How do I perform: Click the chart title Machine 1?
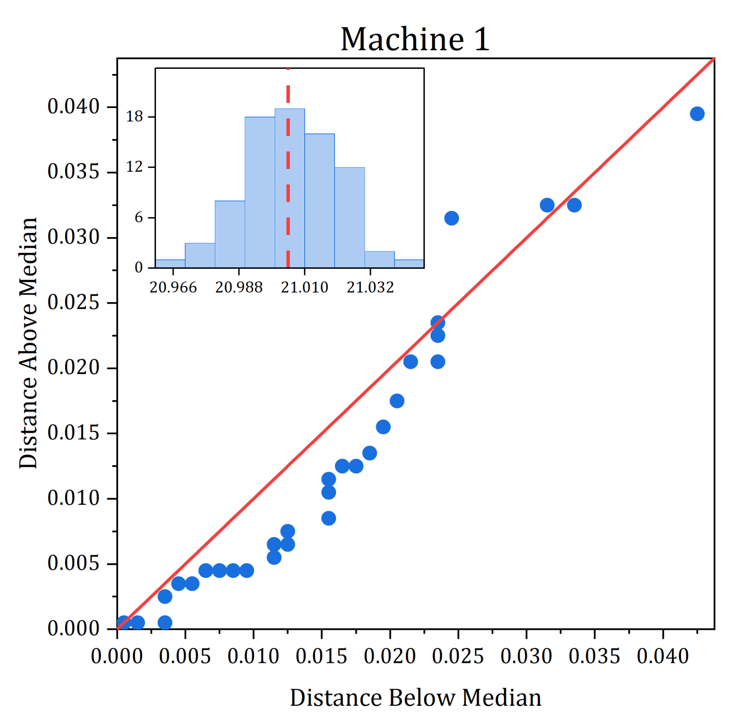pyautogui.click(x=415, y=39)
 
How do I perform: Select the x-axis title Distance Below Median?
pyautogui.click(x=415, y=698)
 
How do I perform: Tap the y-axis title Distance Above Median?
pyautogui.click(x=28, y=342)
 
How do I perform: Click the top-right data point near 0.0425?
pyautogui.click(x=697, y=114)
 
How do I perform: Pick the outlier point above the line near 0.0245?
pyautogui.click(x=451, y=218)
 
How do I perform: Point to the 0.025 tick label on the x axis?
pyautogui.click(x=458, y=656)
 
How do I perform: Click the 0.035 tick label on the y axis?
pyautogui.click(x=73, y=172)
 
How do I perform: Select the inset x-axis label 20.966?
pyautogui.click(x=173, y=287)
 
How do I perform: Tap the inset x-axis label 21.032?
pyautogui.click(x=370, y=287)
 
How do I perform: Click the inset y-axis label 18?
pyautogui.click(x=134, y=117)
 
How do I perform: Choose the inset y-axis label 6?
pyautogui.click(x=139, y=218)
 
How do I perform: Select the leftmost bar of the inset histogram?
pyautogui.click(x=170, y=263)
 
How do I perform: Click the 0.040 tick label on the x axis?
pyautogui.click(x=663, y=656)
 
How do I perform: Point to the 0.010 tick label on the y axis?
pyautogui.click(x=73, y=498)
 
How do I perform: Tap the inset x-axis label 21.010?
pyautogui.click(x=304, y=287)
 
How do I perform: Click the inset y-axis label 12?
pyautogui.click(x=134, y=167)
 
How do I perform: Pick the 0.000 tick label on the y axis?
pyautogui.click(x=73, y=629)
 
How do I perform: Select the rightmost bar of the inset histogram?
pyautogui.click(x=409, y=263)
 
